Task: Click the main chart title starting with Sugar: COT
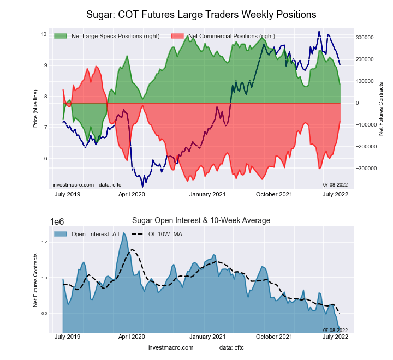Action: point(201,13)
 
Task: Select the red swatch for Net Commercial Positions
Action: point(178,36)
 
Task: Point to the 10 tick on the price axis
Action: point(44,34)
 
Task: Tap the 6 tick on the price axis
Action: point(45,159)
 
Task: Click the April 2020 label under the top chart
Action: point(131,194)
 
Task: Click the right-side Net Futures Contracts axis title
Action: point(382,109)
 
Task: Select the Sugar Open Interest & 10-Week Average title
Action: point(201,220)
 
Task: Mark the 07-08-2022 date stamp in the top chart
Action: point(335,185)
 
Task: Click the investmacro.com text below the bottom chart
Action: point(171,347)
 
